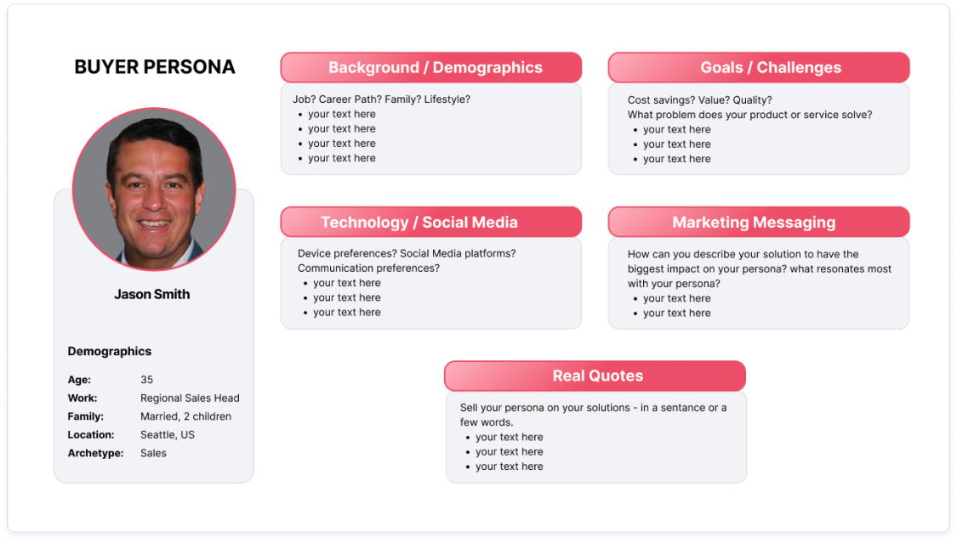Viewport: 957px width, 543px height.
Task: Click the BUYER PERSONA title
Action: pyautogui.click(x=155, y=67)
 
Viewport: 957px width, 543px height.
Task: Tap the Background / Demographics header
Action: pyautogui.click(x=435, y=68)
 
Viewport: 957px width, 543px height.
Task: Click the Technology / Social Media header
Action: pyautogui.click(x=419, y=223)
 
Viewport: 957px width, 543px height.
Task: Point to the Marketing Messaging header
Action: pyautogui.click(x=754, y=223)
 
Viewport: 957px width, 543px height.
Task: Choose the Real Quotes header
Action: pyautogui.click(x=597, y=376)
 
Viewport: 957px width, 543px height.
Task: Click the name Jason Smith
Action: pyautogui.click(x=152, y=294)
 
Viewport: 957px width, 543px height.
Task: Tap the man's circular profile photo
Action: pyautogui.click(x=154, y=189)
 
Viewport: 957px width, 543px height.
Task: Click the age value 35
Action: pyautogui.click(x=147, y=380)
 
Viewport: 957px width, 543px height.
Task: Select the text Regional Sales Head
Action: pyautogui.click(x=190, y=399)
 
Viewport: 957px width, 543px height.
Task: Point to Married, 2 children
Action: pyautogui.click(x=185, y=416)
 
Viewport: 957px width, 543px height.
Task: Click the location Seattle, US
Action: pyautogui.click(x=168, y=435)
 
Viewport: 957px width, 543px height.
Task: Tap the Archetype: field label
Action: pyautogui.click(x=92, y=454)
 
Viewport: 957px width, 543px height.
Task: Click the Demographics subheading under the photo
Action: pyautogui.click(x=110, y=351)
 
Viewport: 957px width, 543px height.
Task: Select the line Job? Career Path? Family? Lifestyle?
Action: pyautogui.click(x=381, y=99)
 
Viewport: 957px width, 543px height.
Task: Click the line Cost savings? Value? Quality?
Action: pyautogui.click(x=699, y=100)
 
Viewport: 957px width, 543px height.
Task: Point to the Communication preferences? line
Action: pyautogui.click(x=368, y=269)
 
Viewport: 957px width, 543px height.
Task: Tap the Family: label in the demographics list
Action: pyautogui.click(x=85, y=416)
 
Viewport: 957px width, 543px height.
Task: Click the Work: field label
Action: pyautogui.click(x=83, y=399)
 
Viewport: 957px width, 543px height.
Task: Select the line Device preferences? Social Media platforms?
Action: pyautogui.click(x=407, y=254)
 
